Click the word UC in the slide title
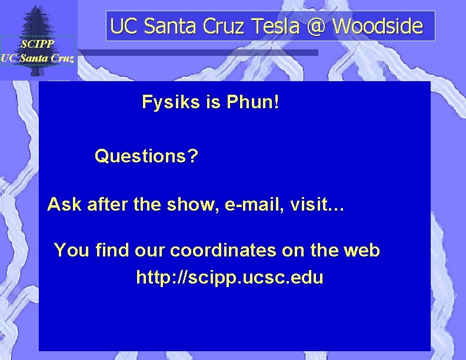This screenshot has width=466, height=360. click(122, 26)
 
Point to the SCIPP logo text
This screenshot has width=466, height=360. click(37, 44)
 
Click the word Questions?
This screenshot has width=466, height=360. click(147, 156)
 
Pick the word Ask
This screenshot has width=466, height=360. click(65, 205)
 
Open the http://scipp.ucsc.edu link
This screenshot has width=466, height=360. click(229, 277)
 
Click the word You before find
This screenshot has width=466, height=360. click(71, 251)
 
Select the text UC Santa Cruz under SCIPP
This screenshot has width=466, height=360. click(37, 57)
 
